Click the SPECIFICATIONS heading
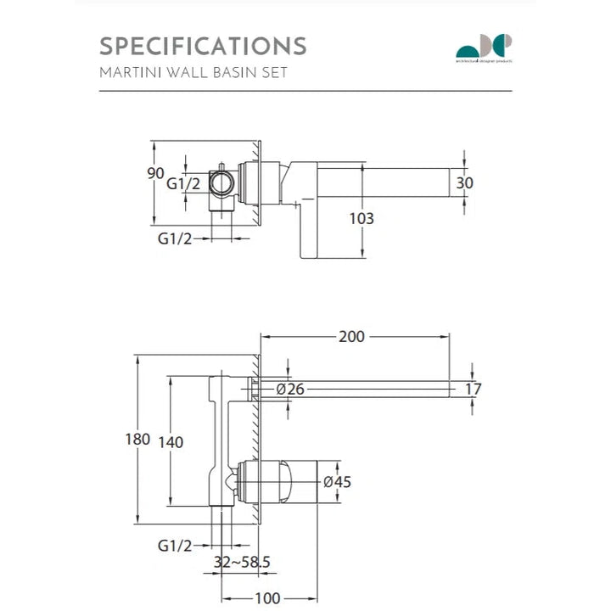(203, 45)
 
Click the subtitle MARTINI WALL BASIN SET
(193, 72)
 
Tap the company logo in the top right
(485, 48)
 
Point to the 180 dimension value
(137, 440)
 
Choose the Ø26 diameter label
(290, 390)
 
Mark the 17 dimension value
(474, 390)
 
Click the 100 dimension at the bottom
(267, 598)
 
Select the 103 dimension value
(362, 218)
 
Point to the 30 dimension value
(465, 182)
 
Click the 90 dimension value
(155, 173)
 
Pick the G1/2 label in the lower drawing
(175, 545)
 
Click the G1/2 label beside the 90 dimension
(183, 183)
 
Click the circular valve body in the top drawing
(224, 182)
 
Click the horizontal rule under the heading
(305, 90)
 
